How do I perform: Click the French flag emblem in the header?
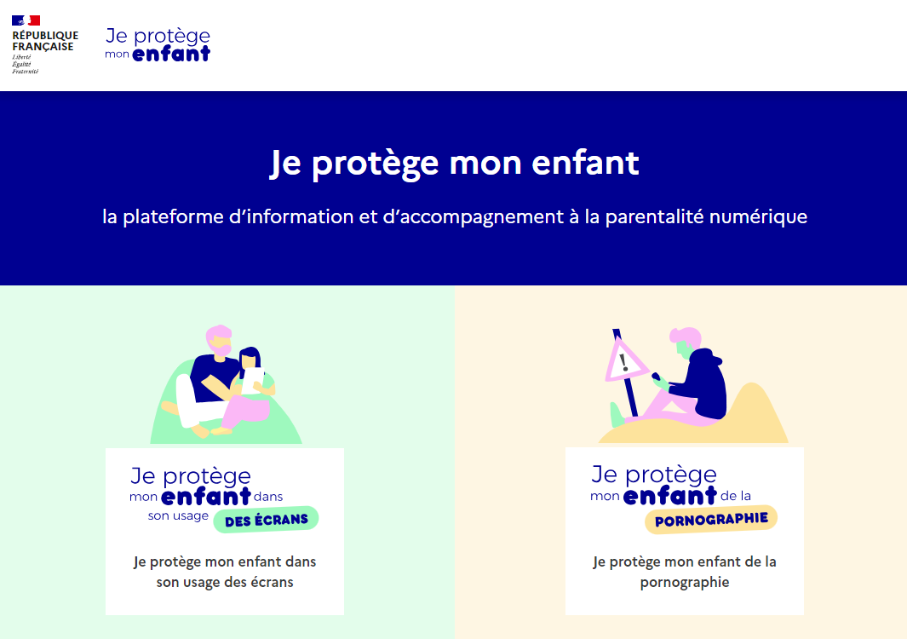26,20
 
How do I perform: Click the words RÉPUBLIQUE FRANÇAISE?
45,41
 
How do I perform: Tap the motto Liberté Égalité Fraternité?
26,64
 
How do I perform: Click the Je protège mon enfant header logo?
158,44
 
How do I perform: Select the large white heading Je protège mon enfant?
454,163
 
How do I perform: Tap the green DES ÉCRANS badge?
266,520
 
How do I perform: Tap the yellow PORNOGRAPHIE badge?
711,519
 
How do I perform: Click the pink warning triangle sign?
625,362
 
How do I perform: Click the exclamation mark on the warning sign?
623,363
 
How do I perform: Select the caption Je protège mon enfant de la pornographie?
685,572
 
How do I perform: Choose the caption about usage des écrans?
225,572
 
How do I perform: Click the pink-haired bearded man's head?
219,340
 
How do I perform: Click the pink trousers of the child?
246,412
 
